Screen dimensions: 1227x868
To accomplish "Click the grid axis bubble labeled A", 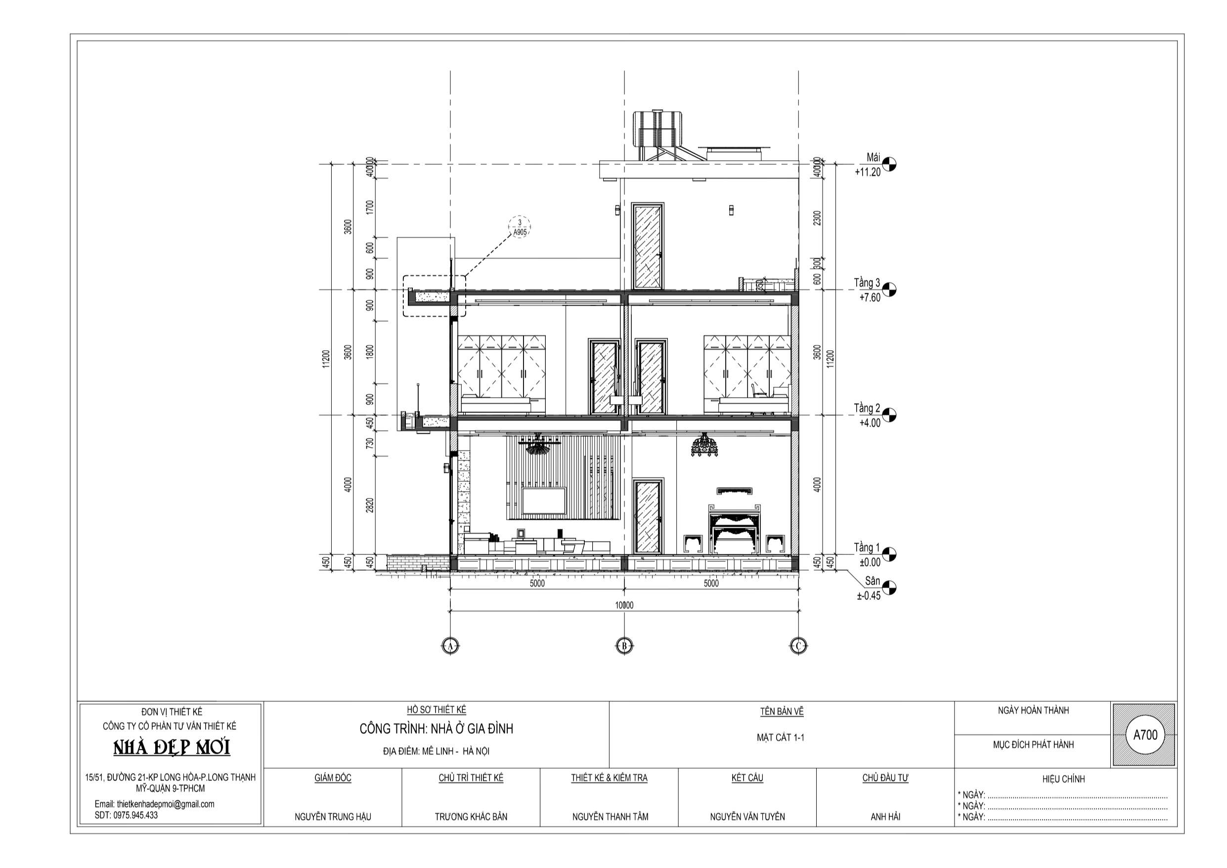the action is coord(450,646).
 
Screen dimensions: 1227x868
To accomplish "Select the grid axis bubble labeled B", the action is coord(624,646).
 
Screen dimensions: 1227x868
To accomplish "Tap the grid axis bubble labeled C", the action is coord(798,646).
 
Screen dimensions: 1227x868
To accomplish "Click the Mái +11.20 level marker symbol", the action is coord(889,164).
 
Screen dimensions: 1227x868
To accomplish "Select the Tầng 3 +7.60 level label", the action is coord(867,290).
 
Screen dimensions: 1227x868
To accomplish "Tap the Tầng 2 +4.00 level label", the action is coord(867,415).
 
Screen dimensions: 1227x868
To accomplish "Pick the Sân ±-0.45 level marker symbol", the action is coord(889,588).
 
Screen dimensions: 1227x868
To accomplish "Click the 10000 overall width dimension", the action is coord(624,605).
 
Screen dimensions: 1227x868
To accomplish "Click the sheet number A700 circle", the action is coord(1145,735).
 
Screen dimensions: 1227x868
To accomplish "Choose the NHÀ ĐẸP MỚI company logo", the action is coord(172,748).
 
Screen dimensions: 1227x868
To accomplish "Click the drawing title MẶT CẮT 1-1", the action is coord(780,737).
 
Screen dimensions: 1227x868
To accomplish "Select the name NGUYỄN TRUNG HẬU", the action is coord(332,817).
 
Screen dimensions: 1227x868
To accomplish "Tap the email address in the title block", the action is coord(154,804).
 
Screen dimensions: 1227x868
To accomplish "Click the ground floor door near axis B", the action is coord(648,516).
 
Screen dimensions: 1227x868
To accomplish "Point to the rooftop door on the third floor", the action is coord(648,246).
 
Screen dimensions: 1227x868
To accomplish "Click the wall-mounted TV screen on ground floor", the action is coord(544,501).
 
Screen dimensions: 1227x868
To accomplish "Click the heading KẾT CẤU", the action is coord(747,777).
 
